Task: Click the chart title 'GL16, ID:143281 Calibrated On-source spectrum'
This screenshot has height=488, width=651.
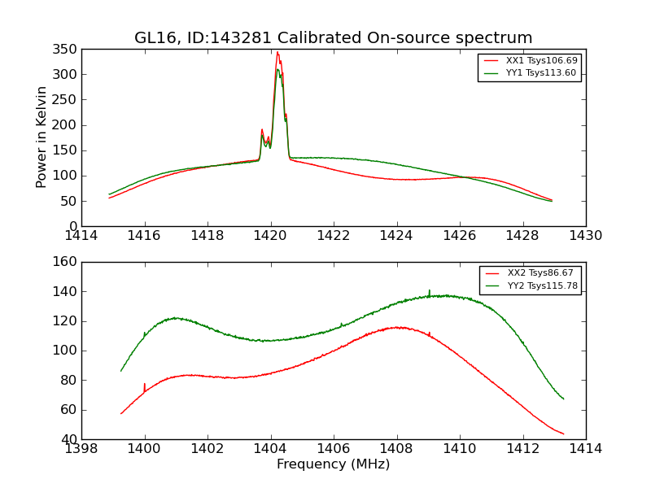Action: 334,38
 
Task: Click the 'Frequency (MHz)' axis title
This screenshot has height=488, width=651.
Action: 334,464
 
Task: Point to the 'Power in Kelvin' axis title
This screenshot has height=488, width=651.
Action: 42,137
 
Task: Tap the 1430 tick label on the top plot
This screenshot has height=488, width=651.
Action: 585,236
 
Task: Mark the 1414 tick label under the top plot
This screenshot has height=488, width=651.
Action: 81,236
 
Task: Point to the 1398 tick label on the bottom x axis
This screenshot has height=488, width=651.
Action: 81,449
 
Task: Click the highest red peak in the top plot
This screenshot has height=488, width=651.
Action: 277,53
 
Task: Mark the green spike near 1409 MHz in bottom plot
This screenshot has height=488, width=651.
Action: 429,290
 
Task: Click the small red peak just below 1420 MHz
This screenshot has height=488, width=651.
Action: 262,129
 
